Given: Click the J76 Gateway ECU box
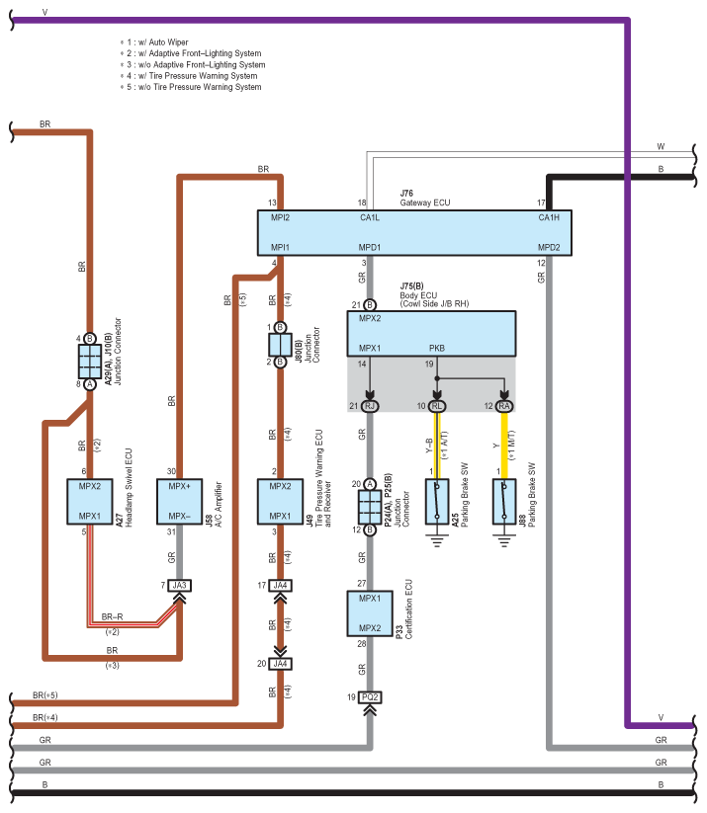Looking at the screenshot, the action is [x=414, y=233].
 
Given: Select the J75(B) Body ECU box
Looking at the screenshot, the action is [x=431, y=333].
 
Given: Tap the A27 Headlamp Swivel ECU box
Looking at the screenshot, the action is [x=90, y=502].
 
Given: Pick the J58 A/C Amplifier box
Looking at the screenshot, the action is [x=180, y=502].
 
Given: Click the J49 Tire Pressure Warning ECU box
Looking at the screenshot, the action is [x=280, y=502].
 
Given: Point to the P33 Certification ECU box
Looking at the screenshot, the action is [x=370, y=613].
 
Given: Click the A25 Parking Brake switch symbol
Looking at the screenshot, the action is [x=437, y=502].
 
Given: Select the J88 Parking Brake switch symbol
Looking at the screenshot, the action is [x=504, y=502].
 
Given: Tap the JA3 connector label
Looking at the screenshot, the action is [x=180, y=586].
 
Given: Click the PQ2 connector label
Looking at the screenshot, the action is [x=370, y=697].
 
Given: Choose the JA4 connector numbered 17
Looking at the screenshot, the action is [x=280, y=586].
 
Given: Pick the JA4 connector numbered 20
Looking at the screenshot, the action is [x=280, y=664].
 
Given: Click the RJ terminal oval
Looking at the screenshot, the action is [x=370, y=406].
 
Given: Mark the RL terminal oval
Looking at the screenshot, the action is [x=437, y=406].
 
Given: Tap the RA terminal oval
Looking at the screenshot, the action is [x=504, y=406].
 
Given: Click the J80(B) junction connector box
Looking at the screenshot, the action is [x=280, y=345].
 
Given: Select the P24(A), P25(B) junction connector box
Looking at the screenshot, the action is [x=370, y=507].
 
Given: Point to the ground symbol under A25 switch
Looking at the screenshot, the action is [x=437, y=541].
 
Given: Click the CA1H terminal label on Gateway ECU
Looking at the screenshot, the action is [x=549, y=217].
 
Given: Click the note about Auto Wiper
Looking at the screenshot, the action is [x=154, y=42].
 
